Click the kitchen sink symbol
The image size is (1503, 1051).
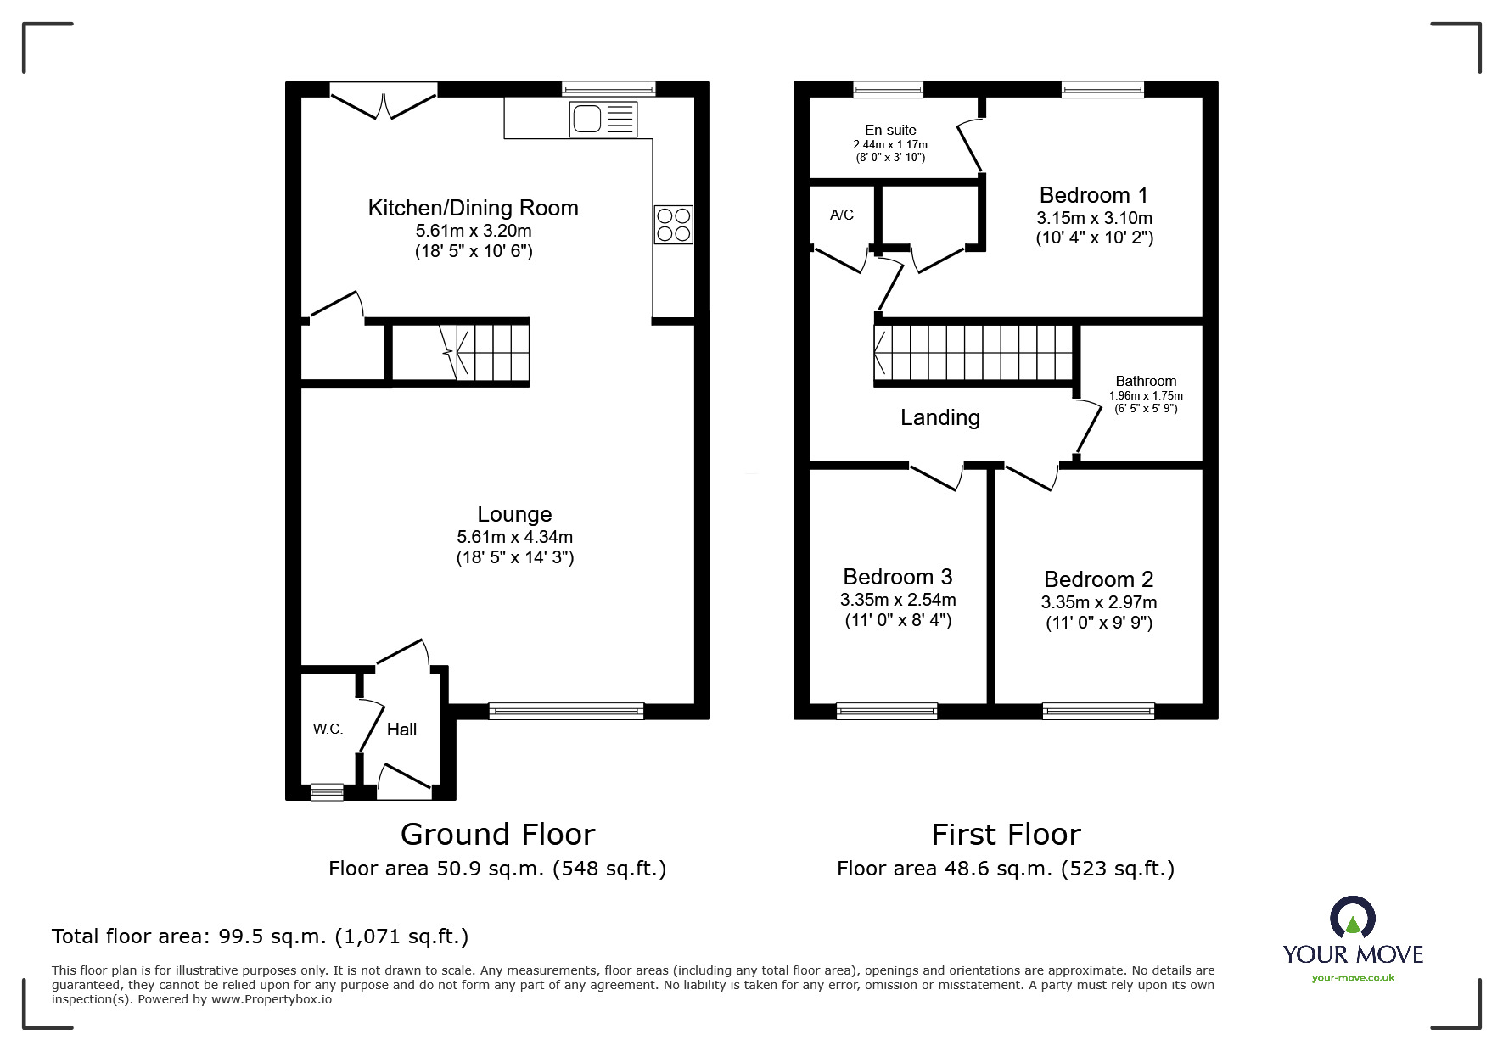(604, 118)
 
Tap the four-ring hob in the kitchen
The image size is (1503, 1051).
(674, 225)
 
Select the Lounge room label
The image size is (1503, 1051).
(514, 514)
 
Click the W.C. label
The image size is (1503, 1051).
(328, 730)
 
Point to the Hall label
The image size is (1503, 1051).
(401, 730)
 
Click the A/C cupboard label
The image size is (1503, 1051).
(842, 215)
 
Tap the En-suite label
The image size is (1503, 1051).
(890, 130)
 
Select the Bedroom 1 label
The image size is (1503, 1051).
(1094, 196)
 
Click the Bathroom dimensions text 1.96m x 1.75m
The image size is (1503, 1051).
(1146, 396)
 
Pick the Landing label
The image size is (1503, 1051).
(940, 417)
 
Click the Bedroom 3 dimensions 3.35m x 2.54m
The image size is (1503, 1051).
(898, 600)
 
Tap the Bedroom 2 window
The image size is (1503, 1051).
(1098, 711)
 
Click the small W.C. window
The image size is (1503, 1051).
(327, 791)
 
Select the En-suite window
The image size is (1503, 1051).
(888, 89)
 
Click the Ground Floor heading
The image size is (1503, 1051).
(497, 835)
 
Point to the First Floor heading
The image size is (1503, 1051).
(1006, 835)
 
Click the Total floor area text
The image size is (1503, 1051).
(260, 936)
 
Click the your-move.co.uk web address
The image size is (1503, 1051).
(1353, 978)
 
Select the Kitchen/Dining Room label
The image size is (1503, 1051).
(473, 209)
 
